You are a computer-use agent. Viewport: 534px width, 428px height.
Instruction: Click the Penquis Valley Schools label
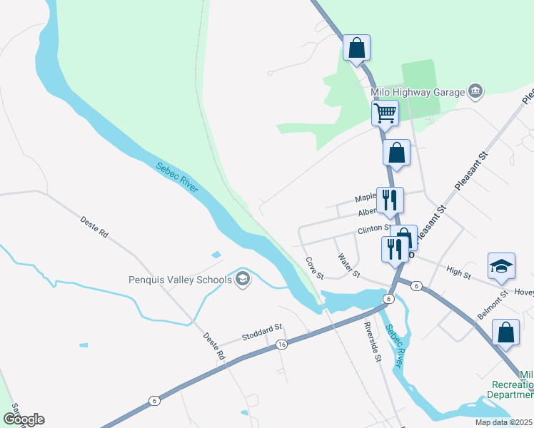click(181, 279)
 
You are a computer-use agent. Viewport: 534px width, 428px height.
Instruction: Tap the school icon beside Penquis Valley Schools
click(243, 279)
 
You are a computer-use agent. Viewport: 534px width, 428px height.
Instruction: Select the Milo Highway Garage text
click(417, 91)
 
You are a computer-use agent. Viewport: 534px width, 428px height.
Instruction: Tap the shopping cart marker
click(386, 112)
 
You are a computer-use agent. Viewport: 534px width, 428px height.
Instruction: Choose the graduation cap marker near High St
click(501, 266)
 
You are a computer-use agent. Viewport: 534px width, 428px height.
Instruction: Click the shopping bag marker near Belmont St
click(505, 333)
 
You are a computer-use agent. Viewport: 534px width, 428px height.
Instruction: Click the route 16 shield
click(282, 345)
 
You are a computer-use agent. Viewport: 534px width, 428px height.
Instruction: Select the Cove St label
click(315, 268)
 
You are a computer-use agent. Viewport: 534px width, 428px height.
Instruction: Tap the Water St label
click(349, 266)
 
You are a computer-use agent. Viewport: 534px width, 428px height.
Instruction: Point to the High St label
click(458, 272)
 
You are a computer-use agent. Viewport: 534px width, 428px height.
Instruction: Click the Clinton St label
click(374, 231)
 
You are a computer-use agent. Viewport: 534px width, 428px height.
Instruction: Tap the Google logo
click(24, 419)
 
